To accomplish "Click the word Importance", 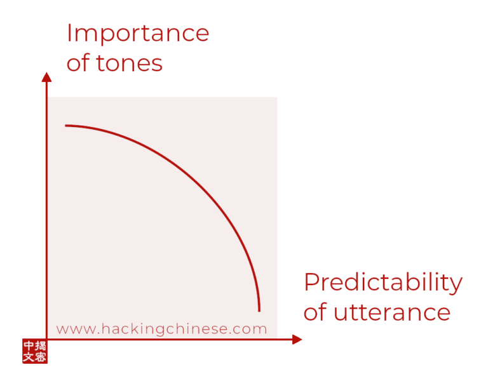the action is coord(138,34).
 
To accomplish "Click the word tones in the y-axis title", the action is coord(129,64).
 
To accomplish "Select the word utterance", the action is coord(392,312).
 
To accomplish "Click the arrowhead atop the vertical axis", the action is coord(46,77).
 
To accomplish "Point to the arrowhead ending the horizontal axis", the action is coord(297,340).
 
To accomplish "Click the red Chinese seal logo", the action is coord(35,351).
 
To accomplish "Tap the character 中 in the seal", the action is coord(29,345).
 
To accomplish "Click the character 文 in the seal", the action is coord(29,357).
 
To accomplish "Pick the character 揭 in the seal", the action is coord(41,345).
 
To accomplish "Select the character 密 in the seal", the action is coord(41,357).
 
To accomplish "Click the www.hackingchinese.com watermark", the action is coord(161,329).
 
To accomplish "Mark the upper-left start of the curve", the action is coord(65,126).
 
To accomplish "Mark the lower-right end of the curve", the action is coord(259,311).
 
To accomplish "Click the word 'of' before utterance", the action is coord(316,311).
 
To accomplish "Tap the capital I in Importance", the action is coord(69,32).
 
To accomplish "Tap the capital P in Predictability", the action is coord(311,282).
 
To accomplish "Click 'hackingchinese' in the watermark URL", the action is coord(163,329).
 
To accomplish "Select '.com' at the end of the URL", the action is coord(248,330).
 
